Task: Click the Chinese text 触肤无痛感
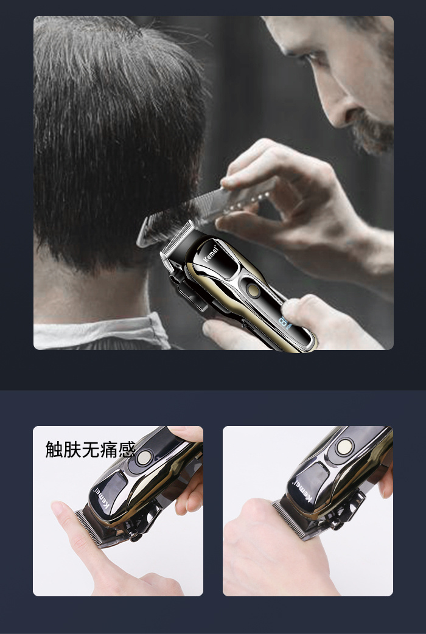click(90, 449)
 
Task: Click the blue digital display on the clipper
click(284, 322)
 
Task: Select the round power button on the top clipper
click(253, 290)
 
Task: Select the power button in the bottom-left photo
click(144, 458)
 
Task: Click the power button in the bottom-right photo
click(344, 447)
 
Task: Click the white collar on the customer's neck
click(101, 332)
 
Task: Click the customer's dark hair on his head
click(117, 133)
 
